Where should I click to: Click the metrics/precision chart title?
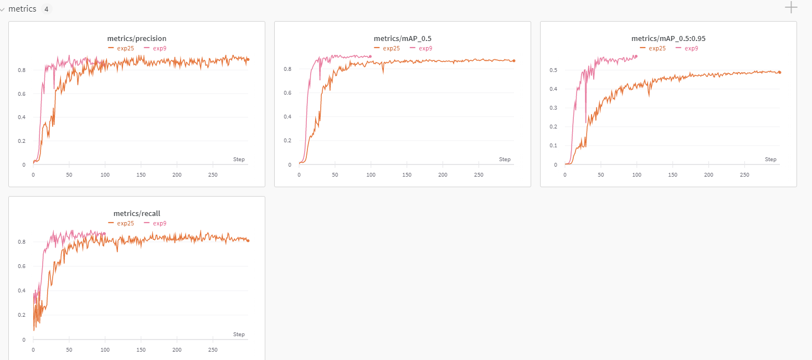coord(137,39)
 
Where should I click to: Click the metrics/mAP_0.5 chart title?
coord(403,39)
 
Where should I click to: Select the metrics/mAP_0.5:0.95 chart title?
coord(669,39)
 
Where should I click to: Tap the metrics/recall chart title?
coord(137,213)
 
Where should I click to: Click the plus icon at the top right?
coord(792,7)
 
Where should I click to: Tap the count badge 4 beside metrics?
coord(46,9)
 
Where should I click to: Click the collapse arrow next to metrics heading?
coord(3,9)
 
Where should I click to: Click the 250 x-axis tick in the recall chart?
coord(213,350)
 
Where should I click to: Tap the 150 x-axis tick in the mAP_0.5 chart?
coord(407,175)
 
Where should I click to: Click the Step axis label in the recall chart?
coord(239,335)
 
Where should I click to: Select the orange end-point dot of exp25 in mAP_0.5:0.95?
coord(779,72)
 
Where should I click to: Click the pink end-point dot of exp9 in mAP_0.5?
coord(371,56)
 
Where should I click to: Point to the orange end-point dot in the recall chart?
coord(248,240)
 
